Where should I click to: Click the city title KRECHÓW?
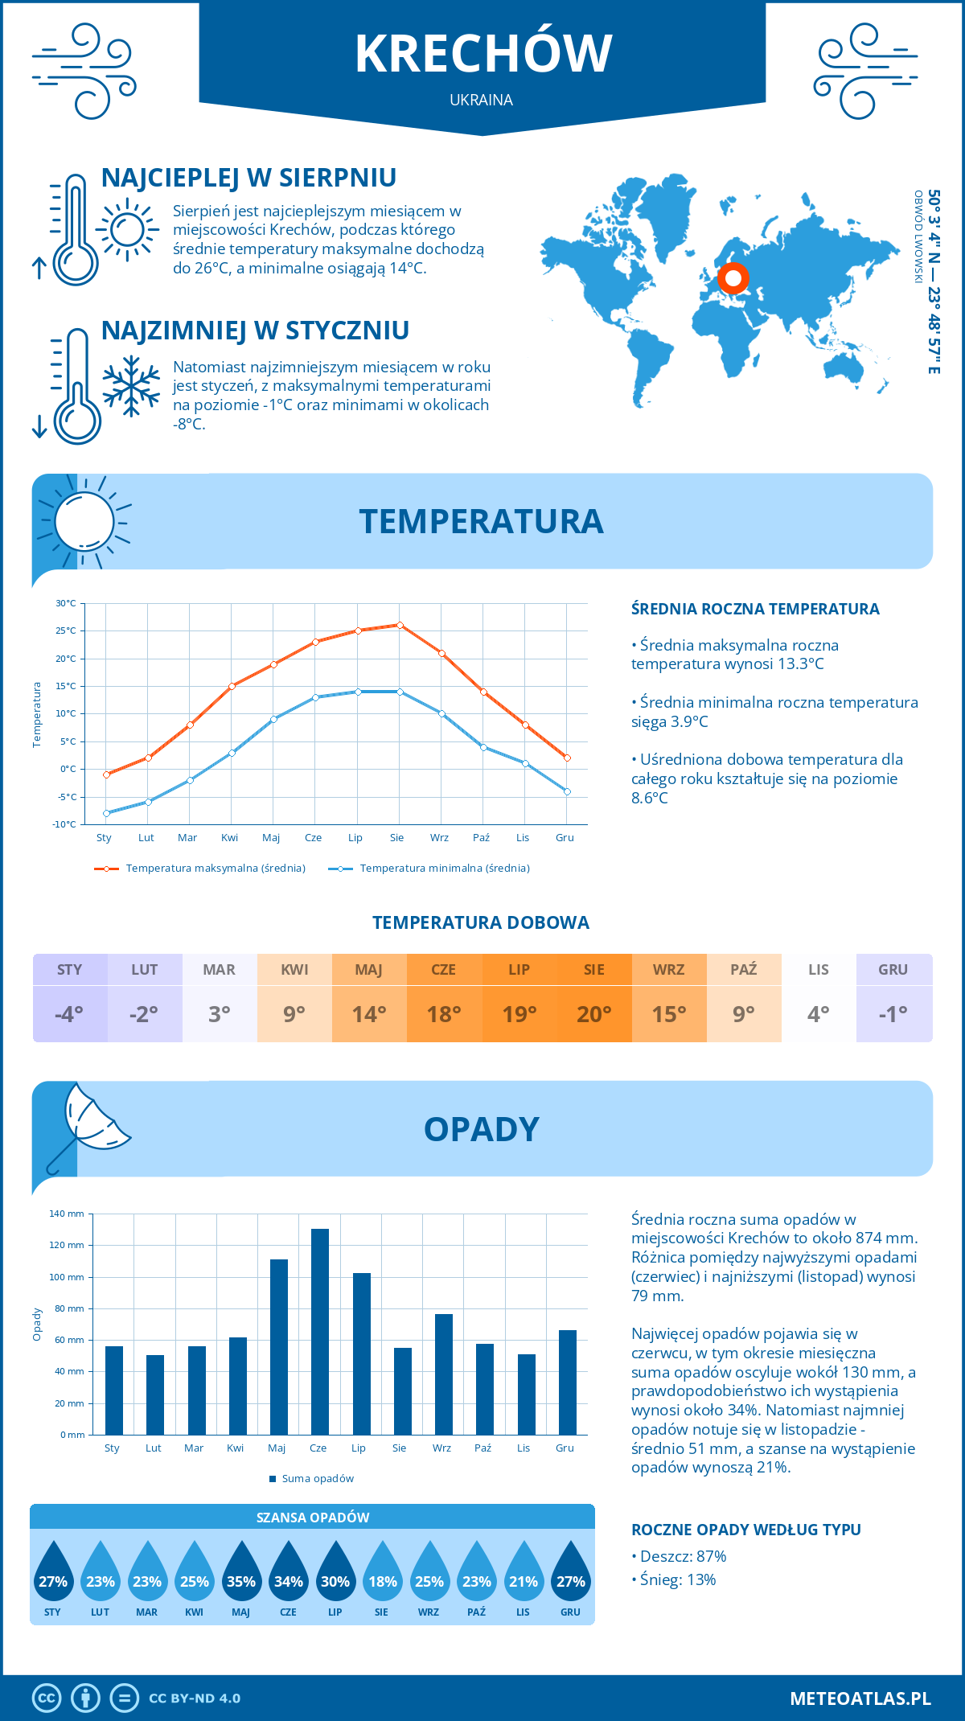pos(483,54)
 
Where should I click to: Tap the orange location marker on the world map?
pos(733,278)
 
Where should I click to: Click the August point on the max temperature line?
pos(400,625)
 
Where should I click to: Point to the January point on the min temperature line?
pos(106,813)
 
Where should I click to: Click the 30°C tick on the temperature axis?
pos(67,603)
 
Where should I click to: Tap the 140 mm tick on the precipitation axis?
pos(68,1214)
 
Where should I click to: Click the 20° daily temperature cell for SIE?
pos(594,1013)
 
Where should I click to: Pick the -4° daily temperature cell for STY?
pos(70,1013)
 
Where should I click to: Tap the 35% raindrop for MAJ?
pos(241,1572)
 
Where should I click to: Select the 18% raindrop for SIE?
pos(382,1572)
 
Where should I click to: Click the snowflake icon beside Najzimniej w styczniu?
pos(131,385)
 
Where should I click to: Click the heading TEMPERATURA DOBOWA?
pos(481,922)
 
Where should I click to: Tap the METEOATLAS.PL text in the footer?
pos(860,1698)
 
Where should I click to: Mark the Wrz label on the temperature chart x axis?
pos(439,837)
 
